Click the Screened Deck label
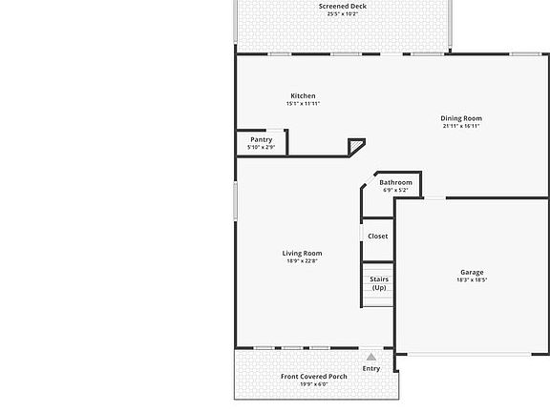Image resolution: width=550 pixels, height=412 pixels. coord(342,7)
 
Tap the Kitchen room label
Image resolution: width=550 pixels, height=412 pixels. coord(303,96)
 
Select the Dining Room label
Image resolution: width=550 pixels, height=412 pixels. coord(461,119)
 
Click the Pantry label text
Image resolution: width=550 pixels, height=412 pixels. coord(262,140)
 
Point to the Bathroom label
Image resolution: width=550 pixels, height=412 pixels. coord(395,182)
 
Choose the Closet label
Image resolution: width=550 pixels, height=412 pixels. coord(378,237)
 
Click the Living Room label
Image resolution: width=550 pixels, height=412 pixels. coord(302,254)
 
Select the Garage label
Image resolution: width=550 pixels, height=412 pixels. coord(472,273)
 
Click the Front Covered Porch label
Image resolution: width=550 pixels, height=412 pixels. coord(314,377)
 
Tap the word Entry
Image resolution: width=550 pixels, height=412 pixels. coord(371,368)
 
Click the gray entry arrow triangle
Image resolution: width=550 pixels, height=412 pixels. coord(371,358)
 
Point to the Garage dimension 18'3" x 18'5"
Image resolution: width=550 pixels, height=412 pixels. coord(472,280)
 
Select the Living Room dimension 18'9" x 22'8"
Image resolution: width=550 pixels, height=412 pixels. coord(302,261)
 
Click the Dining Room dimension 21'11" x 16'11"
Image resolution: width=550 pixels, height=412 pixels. coord(461,126)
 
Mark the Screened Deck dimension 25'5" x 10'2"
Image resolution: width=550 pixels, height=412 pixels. coord(342,14)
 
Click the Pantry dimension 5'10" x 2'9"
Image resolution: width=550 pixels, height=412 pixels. coord(261,148)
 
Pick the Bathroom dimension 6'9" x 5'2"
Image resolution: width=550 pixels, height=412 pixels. coord(395,190)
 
